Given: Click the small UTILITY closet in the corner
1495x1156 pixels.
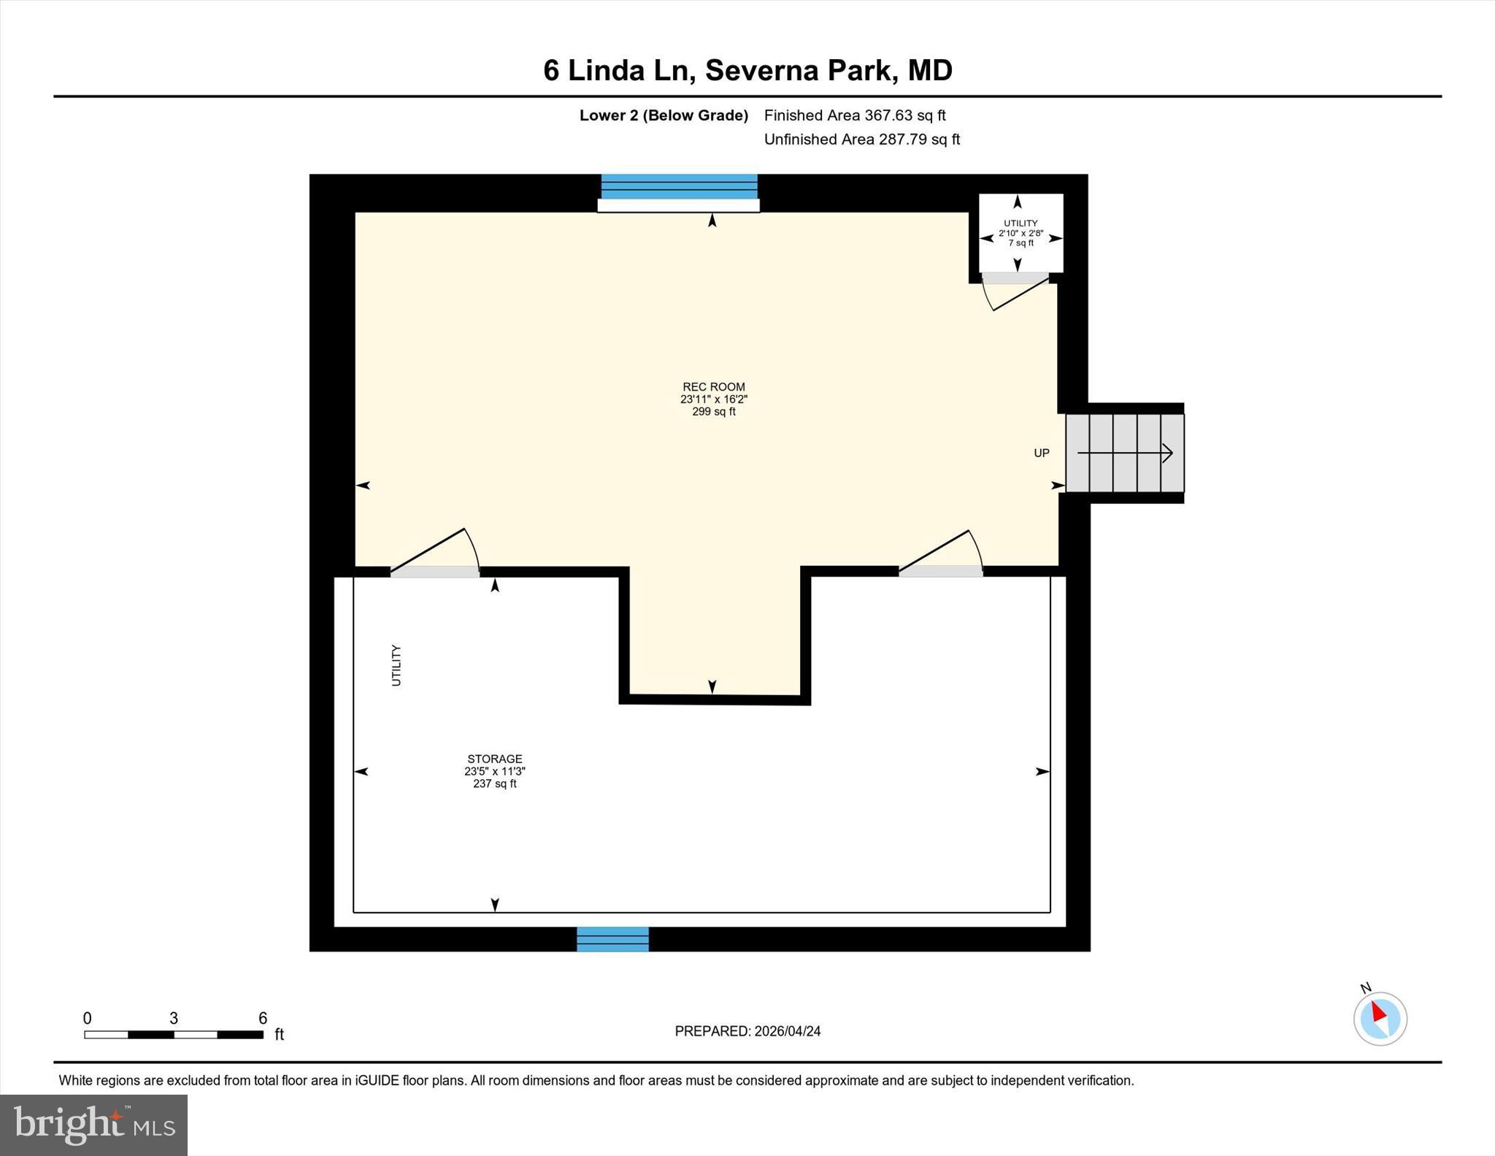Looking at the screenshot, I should click(1021, 232).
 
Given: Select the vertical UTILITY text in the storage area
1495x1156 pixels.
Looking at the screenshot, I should click(396, 665).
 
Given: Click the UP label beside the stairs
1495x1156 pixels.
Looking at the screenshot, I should click(1041, 453).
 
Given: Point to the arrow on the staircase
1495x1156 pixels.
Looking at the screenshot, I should click(1125, 453).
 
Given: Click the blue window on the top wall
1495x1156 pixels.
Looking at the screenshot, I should click(679, 187).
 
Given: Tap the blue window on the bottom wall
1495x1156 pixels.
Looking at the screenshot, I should click(612, 938).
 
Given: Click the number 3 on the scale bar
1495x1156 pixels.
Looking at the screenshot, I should click(174, 1018).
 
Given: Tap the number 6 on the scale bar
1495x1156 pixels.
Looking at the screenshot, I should click(263, 1018).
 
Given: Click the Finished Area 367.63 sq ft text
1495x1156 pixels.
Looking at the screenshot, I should click(854, 115).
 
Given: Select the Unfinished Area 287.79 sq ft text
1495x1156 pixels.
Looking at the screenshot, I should click(861, 139).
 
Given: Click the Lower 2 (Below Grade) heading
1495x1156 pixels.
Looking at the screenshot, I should click(664, 115).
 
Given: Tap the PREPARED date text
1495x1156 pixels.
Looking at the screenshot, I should click(747, 1031).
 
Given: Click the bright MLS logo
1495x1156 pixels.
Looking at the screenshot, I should click(93, 1125).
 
